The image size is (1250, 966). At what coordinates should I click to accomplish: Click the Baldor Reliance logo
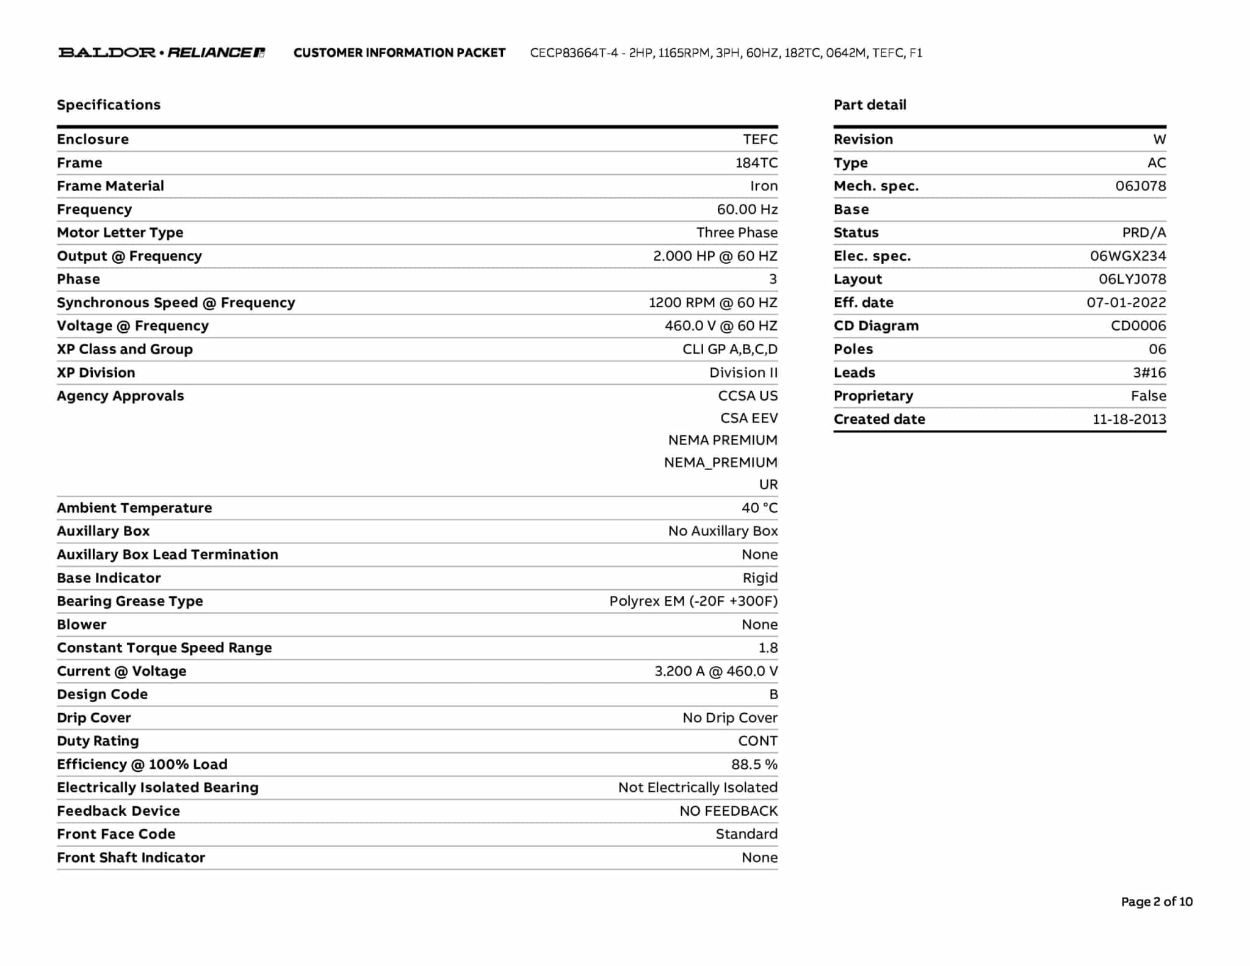click(161, 53)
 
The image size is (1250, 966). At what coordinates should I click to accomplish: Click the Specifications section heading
click(109, 105)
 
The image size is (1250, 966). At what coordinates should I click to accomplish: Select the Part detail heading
click(870, 105)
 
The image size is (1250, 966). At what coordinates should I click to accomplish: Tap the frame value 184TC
click(756, 163)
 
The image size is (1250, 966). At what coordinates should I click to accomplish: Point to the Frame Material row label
click(110, 186)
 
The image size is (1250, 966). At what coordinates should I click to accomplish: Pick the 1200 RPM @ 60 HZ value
click(713, 303)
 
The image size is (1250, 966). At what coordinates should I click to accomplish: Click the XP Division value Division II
click(743, 372)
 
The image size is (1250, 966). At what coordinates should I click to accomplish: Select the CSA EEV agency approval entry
click(749, 418)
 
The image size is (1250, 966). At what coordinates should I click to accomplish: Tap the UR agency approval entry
click(768, 485)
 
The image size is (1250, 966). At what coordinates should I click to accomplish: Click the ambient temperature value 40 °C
click(759, 508)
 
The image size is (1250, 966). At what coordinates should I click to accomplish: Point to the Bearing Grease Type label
click(130, 601)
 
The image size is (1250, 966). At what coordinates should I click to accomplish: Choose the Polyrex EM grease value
click(693, 601)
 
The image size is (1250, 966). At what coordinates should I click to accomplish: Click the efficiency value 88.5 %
click(754, 764)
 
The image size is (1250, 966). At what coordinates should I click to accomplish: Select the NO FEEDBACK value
click(729, 811)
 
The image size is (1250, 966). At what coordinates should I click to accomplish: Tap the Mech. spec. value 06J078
click(1140, 186)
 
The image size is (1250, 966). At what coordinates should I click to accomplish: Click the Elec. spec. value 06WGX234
click(1128, 256)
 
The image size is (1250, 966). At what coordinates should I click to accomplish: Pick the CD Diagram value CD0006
click(1138, 326)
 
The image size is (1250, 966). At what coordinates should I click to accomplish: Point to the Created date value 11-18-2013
click(1129, 419)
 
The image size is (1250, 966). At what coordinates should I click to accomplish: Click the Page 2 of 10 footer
click(1157, 902)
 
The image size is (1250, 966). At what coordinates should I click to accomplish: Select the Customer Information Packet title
click(399, 53)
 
